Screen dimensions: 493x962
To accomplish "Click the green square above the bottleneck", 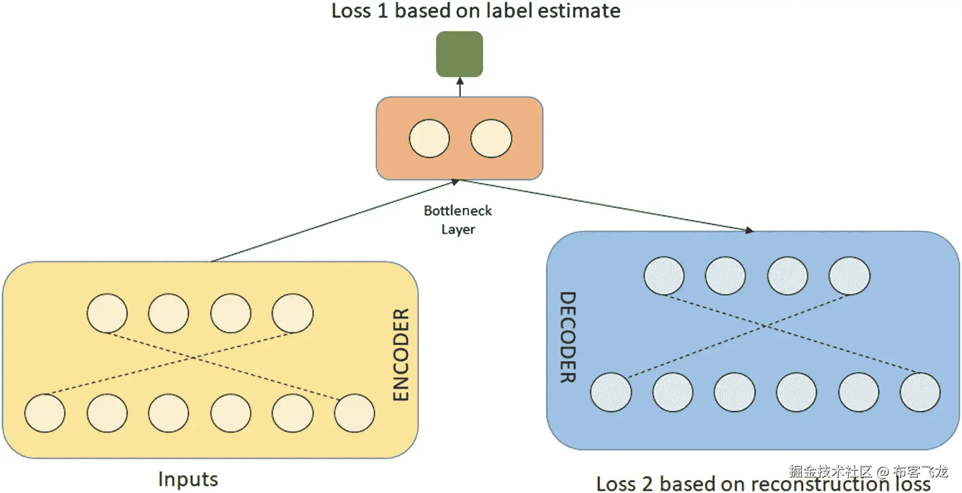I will [459, 54].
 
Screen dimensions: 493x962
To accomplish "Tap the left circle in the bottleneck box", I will [429, 138].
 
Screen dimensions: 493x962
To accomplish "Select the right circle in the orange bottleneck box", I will [491, 138].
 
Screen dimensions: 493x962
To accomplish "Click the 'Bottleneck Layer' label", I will [458, 220].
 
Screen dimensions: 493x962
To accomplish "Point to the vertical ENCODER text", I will [401, 355].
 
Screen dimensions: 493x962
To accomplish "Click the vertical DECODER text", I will [567, 337].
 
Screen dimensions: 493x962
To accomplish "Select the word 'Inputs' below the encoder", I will [188, 479].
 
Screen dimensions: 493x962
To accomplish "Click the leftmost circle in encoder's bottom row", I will [45, 413].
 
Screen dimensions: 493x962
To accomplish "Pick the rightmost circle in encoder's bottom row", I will [354, 413].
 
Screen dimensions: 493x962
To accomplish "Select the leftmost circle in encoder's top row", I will [107, 313].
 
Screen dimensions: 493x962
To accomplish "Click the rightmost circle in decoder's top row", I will [849, 275].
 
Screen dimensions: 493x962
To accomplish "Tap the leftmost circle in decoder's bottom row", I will [611, 392].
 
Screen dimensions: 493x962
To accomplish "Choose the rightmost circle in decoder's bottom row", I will [920, 392].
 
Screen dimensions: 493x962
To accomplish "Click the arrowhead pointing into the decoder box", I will [749, 230].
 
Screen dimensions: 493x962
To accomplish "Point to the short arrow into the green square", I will [460, 86].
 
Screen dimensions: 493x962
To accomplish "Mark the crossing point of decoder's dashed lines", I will [767, 326].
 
